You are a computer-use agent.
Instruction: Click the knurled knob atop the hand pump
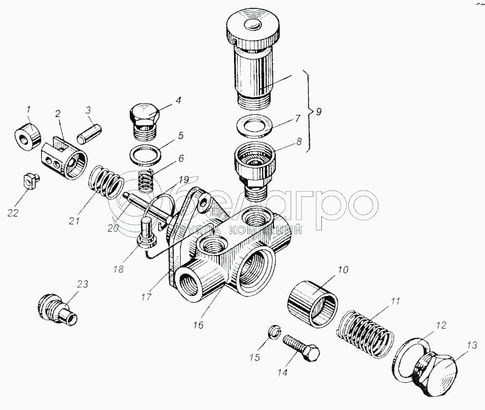click(x=252, y=27)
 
